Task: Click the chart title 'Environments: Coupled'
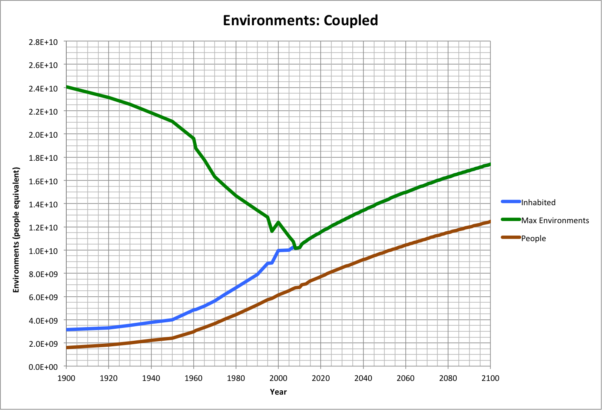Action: coord(301,20)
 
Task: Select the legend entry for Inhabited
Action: coord(538,202)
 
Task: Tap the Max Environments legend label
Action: coord(555,220)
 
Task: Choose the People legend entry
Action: coord(533,238)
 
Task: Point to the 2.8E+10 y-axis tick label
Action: coord(43,42)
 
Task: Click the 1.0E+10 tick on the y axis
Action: coord(43,251)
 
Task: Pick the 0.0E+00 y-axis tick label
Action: coord(43,367)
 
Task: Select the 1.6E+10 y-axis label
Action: coord(43,181)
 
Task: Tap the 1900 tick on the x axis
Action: coord(66,378)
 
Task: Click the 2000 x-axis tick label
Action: coord(278,378)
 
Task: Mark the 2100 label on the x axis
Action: coord(490,378)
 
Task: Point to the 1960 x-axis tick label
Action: coord(193,378)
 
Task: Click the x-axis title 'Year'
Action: coord(278,392)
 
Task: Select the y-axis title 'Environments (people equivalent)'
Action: coord(16,230)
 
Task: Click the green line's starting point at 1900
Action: coord(67,87)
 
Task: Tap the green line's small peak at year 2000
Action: coord(278,222)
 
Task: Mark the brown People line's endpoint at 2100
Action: coord(490,221)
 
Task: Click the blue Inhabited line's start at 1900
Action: coord(67,330)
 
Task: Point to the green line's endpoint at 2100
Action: coord(490,164)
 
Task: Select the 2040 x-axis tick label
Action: coord(363,378)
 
